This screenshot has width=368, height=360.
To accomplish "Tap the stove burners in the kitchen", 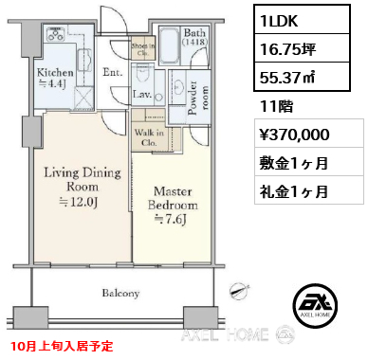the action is (x=56, y=34).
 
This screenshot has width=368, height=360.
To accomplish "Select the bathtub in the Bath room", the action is (x=170, y=45).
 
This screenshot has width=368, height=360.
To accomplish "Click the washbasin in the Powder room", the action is (x=179, y=86).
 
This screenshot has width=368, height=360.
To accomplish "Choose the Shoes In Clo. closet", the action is (x=143, y=49).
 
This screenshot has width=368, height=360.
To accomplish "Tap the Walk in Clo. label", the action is (x=149, y=137).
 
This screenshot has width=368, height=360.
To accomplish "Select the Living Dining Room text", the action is (x=83, y=179).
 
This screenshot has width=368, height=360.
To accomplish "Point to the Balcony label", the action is (x=120, y=293).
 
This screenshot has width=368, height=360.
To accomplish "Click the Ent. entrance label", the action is (x=113, y=72).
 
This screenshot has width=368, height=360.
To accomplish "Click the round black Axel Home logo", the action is (x=315, y=306).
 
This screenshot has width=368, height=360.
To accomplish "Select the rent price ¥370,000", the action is (x=295, y=135).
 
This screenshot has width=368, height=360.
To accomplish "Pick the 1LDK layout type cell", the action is (x=302, y=21).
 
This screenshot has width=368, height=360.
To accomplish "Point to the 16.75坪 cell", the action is (x=302, y=48).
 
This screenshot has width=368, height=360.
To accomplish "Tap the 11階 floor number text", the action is (x=276, y=106).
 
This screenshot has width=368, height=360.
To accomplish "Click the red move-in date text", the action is (x=62, y=346).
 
